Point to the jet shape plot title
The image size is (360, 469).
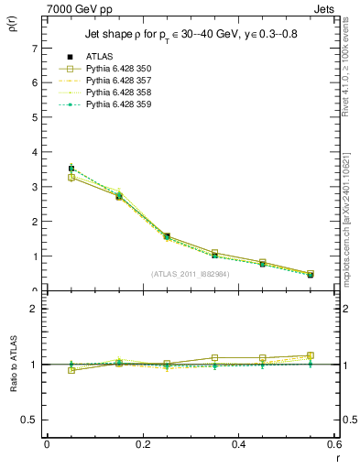coord(191,34)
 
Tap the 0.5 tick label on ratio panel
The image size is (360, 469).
coord(30,420)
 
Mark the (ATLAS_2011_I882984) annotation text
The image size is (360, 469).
coord(191,273)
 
